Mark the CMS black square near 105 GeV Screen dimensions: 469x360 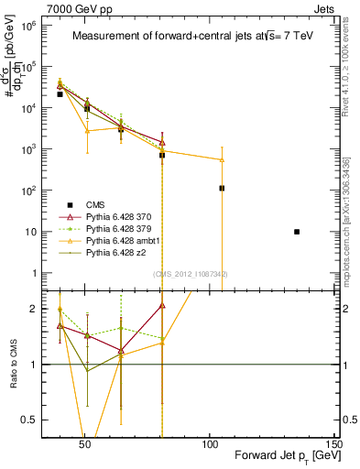(x=222, y=188)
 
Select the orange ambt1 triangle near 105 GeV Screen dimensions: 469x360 (x=222, y=159)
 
